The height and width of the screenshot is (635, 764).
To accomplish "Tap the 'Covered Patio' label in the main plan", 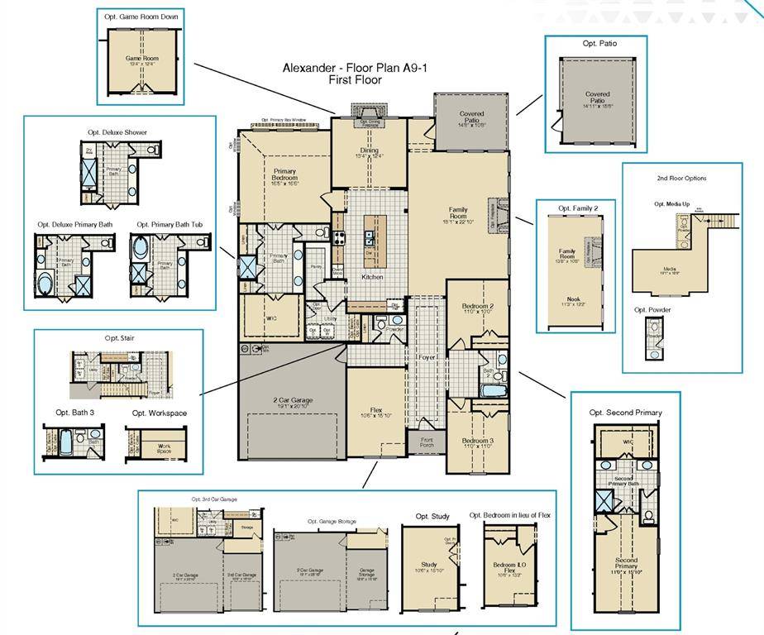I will pyautogui.click(x=471, y=118).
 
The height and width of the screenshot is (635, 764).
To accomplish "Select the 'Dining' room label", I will pyautogui.click(x=369, y=150).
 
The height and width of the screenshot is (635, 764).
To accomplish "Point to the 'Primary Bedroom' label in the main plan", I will pyautogui.click(x=284, y=175).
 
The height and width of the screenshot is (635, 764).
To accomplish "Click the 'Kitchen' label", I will pyautogui.click(x=372, y=277).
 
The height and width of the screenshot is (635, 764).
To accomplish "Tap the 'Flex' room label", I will pyautogui.click(x=375, y=410).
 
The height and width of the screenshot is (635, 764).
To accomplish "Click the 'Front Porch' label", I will pyautogui.click(x=427, y=442).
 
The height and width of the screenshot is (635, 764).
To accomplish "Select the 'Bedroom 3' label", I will pyautogui.click(x=475, y=441).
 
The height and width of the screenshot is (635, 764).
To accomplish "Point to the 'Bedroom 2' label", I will pyautogui.click(x=477, y=307).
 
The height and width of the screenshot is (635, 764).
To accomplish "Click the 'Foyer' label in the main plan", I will pyautogui.click(x=427, y=358).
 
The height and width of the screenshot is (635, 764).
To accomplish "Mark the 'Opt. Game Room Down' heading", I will pyautogui.click(x=140, y=16).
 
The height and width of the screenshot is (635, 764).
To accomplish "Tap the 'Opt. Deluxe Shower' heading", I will pyautogui.click(x=117, y=132).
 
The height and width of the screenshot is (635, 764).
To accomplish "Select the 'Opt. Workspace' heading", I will pyautogui.click(x=160, y=413).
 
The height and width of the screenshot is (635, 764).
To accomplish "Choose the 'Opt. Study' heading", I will pyautogui.click(x=430, y=516).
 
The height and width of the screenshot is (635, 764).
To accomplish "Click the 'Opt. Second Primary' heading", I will pyautogui.click(x=625, y=412).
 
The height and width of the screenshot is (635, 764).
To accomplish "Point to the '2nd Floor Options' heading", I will pyautogui.click(x=681, y=178).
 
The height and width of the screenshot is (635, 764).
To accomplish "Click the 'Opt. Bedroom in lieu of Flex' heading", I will pyautogui.click(x=510, y=515).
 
